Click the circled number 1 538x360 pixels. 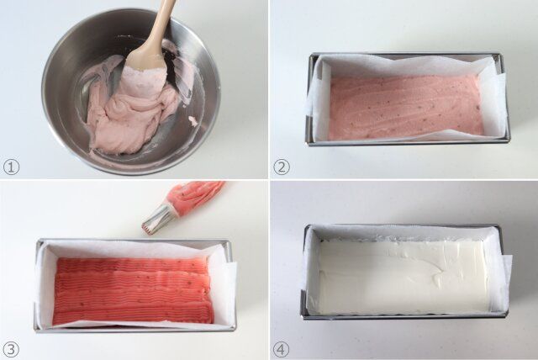[11, 167]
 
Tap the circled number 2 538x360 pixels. [282, 167]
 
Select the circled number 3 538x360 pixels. [11, 350]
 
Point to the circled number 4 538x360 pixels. [282, 350]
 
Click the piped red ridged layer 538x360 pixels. [133, 292]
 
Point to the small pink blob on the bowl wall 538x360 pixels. [193, 120]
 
